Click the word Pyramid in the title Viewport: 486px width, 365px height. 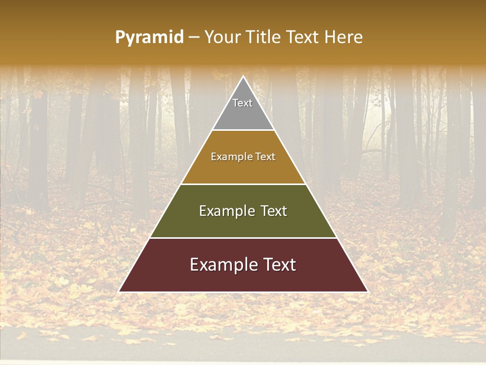coord(149,38)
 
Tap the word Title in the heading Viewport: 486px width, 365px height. coord(265,37)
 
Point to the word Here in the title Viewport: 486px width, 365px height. coord(344,37)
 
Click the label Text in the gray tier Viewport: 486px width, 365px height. coord(242,103)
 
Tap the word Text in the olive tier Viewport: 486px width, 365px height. coord(274,211)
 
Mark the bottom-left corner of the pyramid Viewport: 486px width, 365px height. coord(119,291)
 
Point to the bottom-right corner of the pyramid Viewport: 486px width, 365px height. coord(368,291)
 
